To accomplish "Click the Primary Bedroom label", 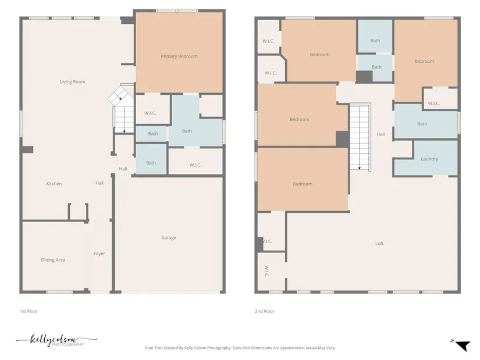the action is point(179,56).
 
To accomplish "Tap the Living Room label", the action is point(73,82).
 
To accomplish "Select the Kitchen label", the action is point(54,184).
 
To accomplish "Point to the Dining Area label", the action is point(53,260).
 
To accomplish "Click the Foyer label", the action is point(99,254).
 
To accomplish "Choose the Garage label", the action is point(169,237).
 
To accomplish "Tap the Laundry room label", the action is point(429,159).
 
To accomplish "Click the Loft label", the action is point(379,243).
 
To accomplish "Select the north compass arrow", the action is point(463,346).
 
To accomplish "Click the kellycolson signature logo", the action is point(56,340).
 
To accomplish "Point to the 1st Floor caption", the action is point(29,311).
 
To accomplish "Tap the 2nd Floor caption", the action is point(265,311).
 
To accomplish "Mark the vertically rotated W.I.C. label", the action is point(266,271).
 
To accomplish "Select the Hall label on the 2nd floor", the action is point(381,134).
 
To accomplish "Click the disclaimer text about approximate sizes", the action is point(240,348).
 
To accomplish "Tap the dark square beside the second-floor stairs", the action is point(343,139).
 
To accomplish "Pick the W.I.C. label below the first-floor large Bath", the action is point(195,165).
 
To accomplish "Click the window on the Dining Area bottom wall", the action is point(59,292).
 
